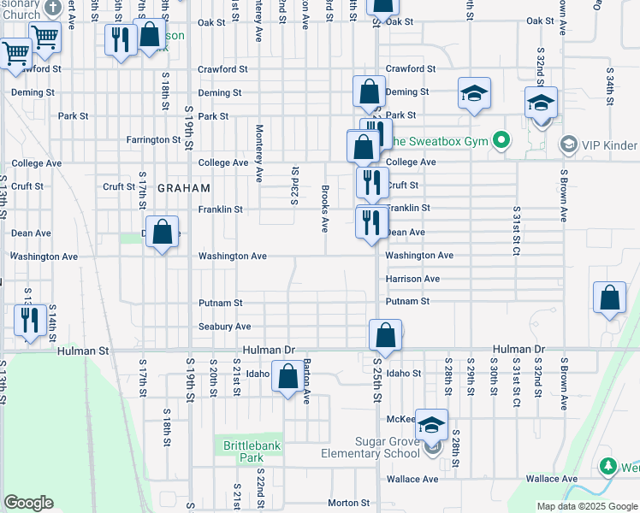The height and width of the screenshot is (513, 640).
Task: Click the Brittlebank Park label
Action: (252, 451)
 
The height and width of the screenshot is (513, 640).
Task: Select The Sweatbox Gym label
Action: (440, 139)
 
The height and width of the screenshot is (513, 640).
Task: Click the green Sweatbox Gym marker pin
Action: (503, 139)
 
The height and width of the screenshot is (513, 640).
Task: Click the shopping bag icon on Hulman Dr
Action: (385, 336)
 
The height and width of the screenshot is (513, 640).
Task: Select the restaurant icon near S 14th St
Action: (30, 321)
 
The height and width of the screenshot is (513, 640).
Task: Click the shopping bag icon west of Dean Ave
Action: (162, 233)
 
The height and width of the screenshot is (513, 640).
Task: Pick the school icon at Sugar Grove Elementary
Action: (433, 425)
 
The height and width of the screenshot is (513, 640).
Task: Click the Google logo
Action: (28, 503)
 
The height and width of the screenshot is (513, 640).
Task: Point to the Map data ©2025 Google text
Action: (587, 506)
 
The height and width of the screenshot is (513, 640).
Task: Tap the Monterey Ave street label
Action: (258, 153)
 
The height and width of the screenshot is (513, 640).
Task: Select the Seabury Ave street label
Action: (225, 327)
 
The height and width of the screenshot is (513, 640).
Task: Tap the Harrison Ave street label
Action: (412, 279)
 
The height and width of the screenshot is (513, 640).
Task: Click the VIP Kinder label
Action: (608, 145)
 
